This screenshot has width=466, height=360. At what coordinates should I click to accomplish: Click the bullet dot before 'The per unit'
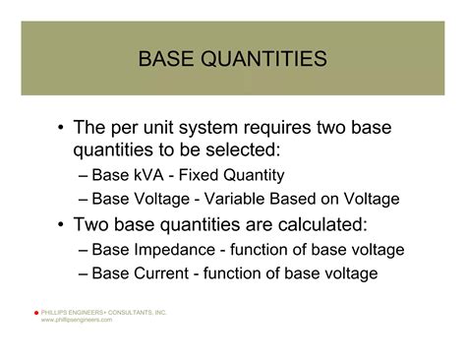tap(62, 130)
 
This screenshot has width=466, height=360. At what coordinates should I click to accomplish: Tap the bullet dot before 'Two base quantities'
tap(62, 225)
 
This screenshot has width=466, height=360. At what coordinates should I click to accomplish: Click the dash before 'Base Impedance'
tap(82, 250)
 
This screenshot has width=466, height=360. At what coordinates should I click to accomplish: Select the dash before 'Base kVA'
tap(82, 176)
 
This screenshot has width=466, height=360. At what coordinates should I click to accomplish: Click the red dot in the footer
tap(36, 313)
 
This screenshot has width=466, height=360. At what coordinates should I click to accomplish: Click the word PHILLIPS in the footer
tap(57, 312)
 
